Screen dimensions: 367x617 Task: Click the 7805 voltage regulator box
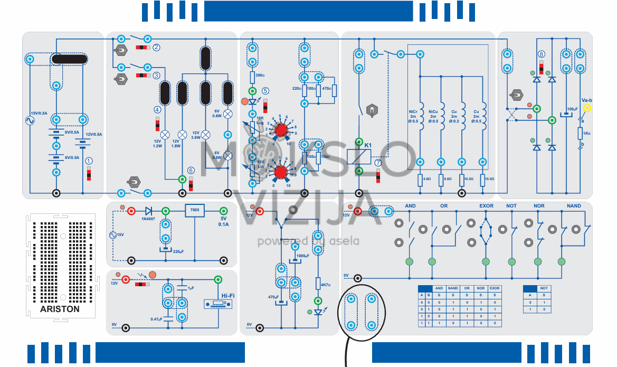194,211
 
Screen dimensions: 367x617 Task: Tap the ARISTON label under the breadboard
60,309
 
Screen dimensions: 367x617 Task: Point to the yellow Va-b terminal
586,108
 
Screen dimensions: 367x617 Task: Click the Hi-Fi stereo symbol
217,305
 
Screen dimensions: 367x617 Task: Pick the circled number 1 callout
89,161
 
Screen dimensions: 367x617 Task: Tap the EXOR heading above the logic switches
486,206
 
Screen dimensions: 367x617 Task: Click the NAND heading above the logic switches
574,206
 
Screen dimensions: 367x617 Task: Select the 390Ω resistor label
260,76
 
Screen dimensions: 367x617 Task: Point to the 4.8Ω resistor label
427,180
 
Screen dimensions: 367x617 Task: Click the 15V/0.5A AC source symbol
30,121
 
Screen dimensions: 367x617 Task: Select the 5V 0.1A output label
223,221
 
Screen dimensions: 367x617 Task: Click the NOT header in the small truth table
544,288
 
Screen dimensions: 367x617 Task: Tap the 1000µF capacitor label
302,256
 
